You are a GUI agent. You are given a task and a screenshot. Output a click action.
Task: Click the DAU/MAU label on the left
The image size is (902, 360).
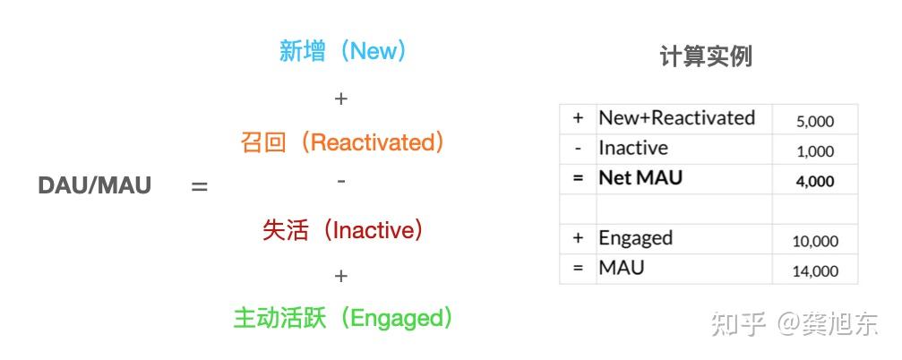95,185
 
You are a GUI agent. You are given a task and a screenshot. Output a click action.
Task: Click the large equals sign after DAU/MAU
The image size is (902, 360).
199,186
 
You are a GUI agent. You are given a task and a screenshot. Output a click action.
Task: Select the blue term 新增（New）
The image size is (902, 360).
343,51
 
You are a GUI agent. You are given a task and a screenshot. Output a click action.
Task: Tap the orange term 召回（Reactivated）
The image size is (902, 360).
342,142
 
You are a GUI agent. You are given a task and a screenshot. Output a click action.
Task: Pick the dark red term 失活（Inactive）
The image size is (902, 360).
342,230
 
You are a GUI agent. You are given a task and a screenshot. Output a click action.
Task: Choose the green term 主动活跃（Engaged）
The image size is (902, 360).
343,318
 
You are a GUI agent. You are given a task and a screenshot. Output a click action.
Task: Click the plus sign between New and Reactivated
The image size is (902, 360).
340,99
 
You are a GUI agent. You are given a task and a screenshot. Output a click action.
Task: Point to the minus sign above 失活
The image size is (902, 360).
340,182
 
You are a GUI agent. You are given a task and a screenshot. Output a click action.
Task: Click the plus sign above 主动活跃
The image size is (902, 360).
340,276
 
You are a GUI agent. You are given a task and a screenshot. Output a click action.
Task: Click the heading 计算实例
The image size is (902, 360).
705,56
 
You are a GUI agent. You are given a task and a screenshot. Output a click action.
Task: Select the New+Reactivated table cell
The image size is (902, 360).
676,118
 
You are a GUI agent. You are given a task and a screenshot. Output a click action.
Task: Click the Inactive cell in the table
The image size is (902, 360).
633,149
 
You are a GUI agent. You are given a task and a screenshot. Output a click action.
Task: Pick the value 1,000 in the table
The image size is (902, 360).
814,151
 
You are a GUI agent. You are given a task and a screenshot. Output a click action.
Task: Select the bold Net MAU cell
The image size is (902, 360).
640,178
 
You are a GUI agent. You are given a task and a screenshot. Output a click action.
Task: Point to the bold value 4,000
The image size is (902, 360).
814,181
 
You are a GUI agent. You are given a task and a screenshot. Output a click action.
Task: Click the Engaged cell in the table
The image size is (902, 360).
635,238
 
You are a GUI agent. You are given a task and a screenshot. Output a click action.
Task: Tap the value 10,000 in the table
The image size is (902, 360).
814,241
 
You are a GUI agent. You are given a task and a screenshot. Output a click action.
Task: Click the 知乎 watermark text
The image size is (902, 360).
738,324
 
